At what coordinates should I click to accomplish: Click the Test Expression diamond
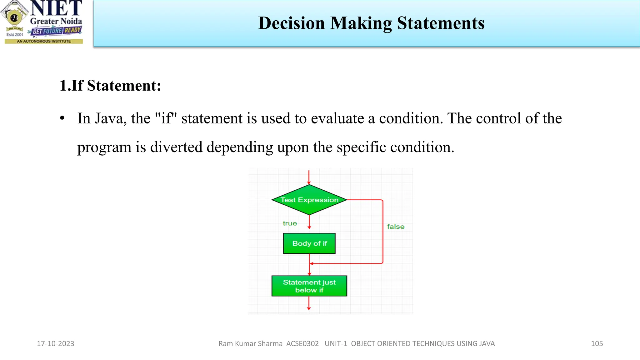click(x=309, y=200)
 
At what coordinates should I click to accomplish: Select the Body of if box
click(x=309, y=243)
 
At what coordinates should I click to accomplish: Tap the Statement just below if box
click(x=309, y=286)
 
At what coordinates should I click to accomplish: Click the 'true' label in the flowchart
click(x=290, y=223)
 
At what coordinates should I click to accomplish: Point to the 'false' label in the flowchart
click(x=396, y=227)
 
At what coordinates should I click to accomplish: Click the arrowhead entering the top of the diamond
click(x=309, y=182)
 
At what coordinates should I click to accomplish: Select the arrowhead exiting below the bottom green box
click(x=309, y=308)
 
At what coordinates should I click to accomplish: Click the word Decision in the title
click(x=292, y=23)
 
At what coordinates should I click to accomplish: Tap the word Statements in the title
click(x=441, y=23)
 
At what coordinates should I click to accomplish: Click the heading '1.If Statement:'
click(x=110, y=85)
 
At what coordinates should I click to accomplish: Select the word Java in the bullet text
click(x=110, y=118)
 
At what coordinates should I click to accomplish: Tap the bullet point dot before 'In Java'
click(x=62, y=118)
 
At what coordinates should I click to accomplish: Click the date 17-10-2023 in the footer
click(x=56, y=343)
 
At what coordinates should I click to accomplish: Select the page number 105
click(x=597, y=343)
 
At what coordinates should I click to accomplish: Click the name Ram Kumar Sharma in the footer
click(x=250, y=343)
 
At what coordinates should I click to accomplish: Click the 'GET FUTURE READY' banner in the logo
click(x=57, y=31)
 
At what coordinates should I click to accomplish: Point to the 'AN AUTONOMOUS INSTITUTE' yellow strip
click(x=44, y=41)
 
